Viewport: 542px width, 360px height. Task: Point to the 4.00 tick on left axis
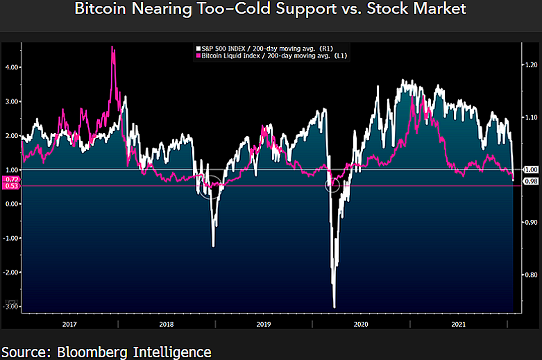12,67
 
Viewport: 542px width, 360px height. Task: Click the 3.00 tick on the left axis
12,101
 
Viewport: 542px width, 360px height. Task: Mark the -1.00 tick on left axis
10,238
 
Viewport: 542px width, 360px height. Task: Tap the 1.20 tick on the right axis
531,65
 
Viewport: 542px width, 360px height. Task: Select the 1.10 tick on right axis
531,117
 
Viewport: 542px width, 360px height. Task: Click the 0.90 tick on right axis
531,221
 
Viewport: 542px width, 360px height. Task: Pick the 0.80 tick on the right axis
531,274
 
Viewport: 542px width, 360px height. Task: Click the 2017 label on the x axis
69,324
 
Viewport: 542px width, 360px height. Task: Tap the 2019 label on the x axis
264,324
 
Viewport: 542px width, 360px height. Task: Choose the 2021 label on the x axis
458,324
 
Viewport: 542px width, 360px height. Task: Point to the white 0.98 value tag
531,182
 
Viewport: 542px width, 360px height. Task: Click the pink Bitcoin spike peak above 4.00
112,47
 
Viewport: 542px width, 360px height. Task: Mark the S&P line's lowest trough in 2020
334,307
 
